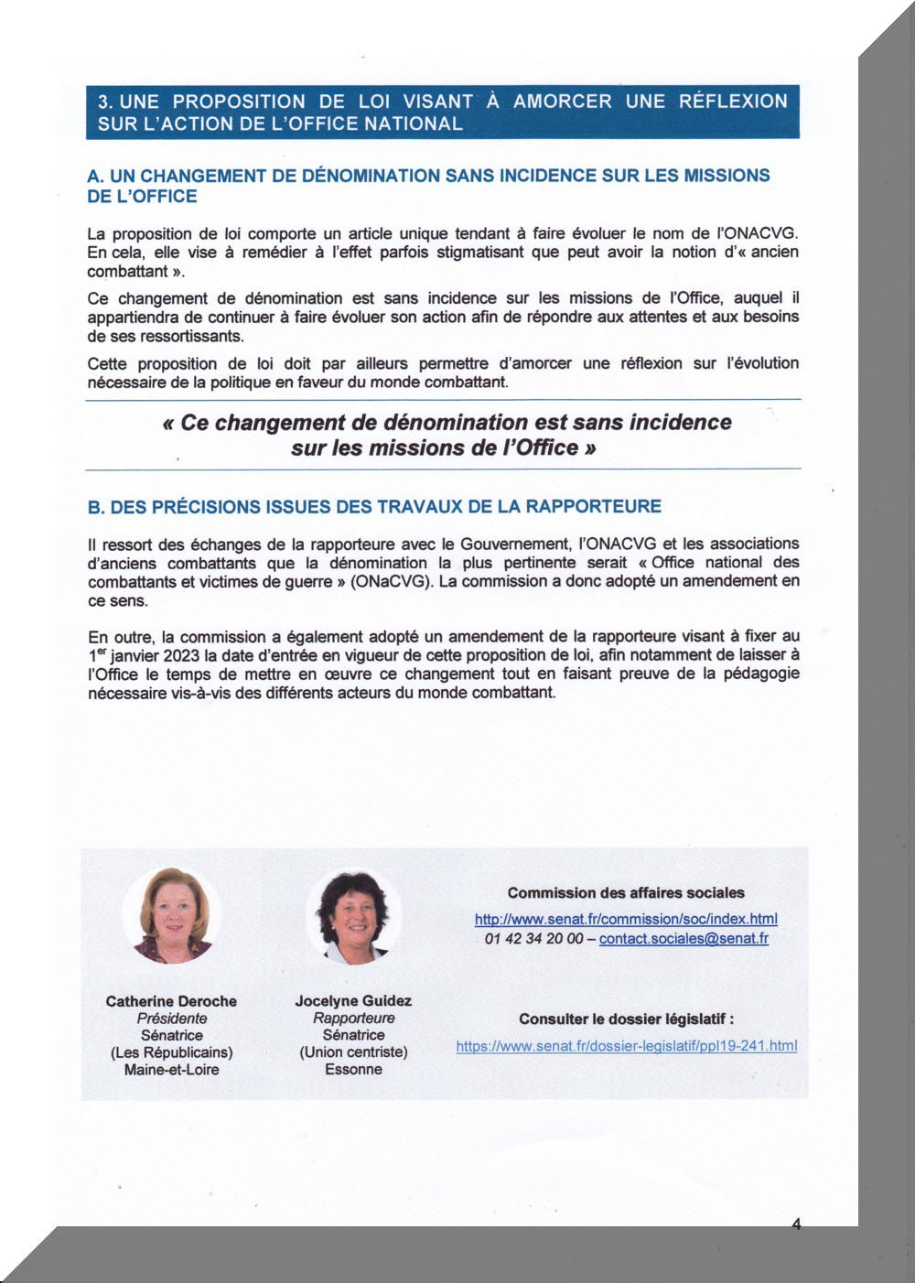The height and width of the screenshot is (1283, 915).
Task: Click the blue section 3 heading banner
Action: click(x=443, y=113)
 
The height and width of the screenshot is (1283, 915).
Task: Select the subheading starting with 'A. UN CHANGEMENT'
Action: click(x=428, y=186)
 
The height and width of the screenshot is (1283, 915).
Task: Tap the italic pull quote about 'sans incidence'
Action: click(x=446, y=435)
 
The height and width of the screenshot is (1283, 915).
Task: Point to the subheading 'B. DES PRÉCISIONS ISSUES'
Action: click(x=374, y=506)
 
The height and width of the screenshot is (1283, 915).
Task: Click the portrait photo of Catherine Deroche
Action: click(x=172, y=916)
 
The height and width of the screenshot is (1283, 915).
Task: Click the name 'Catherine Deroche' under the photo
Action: click(x=171, y=1001)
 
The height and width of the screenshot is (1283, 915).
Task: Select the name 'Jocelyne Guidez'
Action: click(x=353, y=1001)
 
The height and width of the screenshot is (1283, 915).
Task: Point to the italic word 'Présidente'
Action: click(x=172, y=1019)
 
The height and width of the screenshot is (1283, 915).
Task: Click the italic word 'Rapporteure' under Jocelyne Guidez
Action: click(x=353, y=1019)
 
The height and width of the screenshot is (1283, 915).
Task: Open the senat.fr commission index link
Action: click(x=626, y=919)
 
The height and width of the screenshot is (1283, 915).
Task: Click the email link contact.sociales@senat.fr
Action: click(x=684, y=938)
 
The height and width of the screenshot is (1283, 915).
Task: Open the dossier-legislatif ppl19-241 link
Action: click(x=627, y=1046)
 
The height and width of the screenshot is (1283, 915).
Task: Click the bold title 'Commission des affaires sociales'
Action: click(x=626, y=893)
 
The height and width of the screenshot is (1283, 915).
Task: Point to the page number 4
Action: click(x=796, y=1224)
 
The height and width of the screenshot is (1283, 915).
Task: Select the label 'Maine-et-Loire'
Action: click(x=172, y=1070)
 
